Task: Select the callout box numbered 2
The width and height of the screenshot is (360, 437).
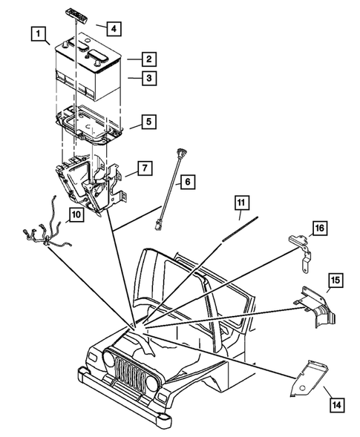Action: pos(149,59)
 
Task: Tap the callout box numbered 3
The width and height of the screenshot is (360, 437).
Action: pos(149,78)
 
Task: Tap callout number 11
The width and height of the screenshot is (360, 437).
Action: pos(240,203)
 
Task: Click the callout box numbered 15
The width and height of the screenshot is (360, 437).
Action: pos(335,280)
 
